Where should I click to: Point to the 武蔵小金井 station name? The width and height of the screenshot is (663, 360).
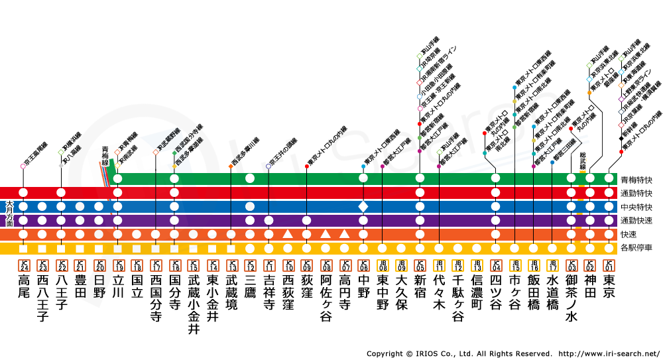click(194, 304)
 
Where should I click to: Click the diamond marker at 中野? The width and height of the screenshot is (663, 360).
click(363, 207)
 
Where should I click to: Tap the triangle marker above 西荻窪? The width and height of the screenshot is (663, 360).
click(288, 234)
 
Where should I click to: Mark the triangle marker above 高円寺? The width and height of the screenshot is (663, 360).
click(344, 234)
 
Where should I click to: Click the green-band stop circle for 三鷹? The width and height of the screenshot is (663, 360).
click(250, 178)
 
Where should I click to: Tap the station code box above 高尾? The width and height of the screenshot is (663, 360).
click(23, 265)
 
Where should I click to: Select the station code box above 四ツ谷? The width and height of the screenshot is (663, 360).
click(495, 265)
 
